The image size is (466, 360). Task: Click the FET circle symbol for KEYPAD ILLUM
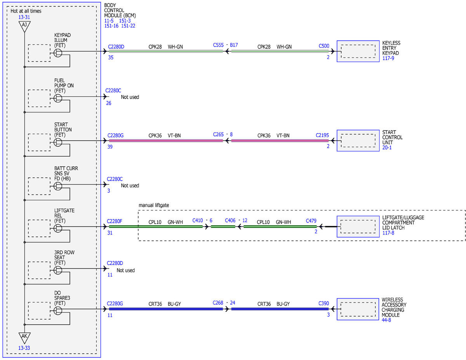[58, 53]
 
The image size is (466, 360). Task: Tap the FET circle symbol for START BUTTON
[58, 142]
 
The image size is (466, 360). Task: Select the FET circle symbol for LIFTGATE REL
[58, 228]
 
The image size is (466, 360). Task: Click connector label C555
[218, 45]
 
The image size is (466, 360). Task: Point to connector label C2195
[322, 135]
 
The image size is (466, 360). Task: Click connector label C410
[197, 221]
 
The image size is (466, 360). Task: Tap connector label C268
[218, 303]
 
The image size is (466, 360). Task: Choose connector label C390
[323, 303]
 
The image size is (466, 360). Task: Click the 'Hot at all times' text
[26, 11]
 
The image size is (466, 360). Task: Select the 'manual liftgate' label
[153, 205]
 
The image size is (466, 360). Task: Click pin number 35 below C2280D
[111, 57]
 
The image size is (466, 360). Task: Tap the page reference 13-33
[24, 348]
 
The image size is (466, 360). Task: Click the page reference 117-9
[388, 58]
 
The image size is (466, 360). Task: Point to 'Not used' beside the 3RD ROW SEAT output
[125, 270]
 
